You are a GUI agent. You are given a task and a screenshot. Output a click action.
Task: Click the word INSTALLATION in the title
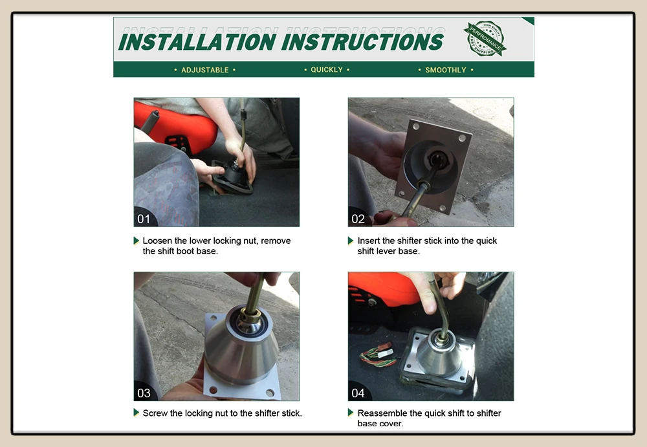coord(197,41)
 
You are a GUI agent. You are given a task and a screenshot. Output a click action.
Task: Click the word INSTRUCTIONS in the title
coord(364,41)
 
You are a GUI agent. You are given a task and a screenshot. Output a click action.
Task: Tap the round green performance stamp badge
coord(485,38)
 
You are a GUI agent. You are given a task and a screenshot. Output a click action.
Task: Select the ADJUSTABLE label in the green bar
coord(205,70)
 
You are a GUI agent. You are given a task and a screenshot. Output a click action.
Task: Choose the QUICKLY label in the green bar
coord(327,69)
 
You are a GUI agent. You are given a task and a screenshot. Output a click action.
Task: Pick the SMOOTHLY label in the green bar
coord(446,70)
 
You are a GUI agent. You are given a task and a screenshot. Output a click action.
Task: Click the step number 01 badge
coord(144,219)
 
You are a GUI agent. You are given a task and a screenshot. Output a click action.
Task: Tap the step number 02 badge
coord(358,219)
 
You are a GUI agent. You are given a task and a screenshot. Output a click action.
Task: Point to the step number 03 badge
coord(144,393)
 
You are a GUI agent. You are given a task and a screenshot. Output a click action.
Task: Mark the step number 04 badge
coord(358,393)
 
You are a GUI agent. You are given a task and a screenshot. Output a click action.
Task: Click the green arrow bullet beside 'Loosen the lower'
coord(136,241)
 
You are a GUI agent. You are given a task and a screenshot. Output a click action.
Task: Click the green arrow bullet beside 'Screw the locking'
coord(136,412)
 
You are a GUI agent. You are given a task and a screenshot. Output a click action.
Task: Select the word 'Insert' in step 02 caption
coord(369,241)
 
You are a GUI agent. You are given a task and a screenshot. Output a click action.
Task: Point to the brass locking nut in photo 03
coord(250,316)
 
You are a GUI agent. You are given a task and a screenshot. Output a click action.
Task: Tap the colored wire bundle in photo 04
coord(378,355)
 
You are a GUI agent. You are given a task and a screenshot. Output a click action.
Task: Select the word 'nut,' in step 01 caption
coord(250,241)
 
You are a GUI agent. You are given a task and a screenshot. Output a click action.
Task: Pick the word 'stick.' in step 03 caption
coord(292,413)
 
